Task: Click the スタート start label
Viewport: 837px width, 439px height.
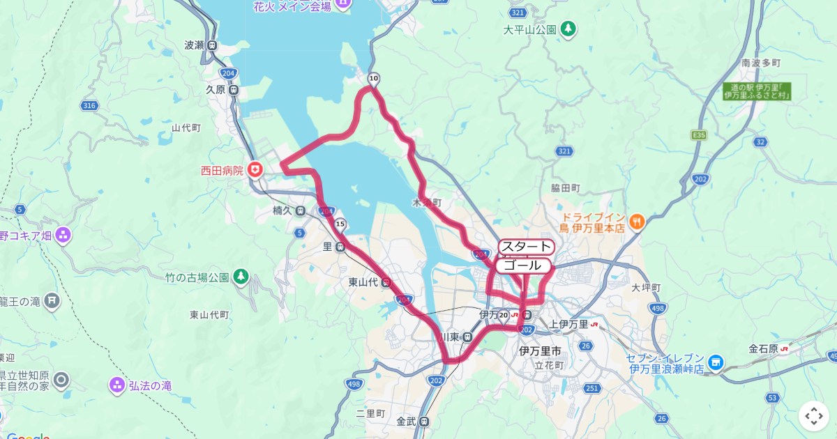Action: (x=526, y=247)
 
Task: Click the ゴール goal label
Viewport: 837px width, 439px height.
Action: (x=522, y=265)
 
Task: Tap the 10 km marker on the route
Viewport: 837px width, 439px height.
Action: (x=374, y=78)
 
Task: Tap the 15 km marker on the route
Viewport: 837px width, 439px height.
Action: (x=340, y=224)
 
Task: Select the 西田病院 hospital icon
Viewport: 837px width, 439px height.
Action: (x=256, y=169)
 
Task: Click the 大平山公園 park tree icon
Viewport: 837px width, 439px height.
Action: (x=569, y=29)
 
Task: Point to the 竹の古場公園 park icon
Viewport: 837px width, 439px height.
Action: (x=241, y=277)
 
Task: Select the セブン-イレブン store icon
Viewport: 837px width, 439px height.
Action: (x=715, y=362)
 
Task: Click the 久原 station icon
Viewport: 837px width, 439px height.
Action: (x=234, y=90)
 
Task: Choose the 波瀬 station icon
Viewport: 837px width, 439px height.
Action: (x=211, y=45)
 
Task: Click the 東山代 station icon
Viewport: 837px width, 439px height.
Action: (x=386, y=282)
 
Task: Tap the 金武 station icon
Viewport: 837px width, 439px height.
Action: (x=425, y=421)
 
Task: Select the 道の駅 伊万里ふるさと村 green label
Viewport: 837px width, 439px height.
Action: (x=756, y=90)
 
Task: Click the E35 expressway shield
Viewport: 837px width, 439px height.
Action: (x=699, y=134)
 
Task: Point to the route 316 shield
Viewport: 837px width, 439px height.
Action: (x=89, y=105)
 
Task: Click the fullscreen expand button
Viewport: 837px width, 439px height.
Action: (x=814, y=416)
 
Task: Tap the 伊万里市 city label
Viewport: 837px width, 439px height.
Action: (x=541, y=351)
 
